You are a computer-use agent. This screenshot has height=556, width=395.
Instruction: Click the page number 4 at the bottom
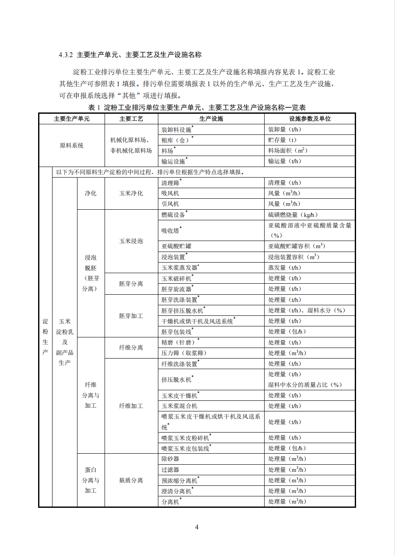coord(197,527)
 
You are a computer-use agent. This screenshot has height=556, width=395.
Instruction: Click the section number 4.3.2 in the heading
coord(66,55)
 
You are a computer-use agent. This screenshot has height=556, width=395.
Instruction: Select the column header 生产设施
coord(211,119)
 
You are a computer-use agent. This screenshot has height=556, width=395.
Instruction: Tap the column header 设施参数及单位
coord(309,119)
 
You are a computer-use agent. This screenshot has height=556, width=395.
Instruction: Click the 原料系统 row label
coord(72,145)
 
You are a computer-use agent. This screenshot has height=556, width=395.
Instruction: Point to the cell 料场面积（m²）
coord(287,151)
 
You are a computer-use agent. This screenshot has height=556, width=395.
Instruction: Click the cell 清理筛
coord(170,183)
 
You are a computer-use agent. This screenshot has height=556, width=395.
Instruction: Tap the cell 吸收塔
coord(170,231)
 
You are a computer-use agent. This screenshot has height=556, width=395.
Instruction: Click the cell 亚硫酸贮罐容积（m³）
coord(296,246)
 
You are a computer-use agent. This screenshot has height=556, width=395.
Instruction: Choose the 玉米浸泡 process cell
coord(131,241)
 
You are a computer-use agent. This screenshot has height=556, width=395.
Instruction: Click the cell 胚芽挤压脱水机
coord(182,311)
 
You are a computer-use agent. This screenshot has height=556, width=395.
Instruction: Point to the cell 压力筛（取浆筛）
coord(184,353)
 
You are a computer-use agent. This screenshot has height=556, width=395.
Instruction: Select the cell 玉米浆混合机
coord(179,406)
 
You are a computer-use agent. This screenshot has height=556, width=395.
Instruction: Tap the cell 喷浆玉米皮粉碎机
coord(185,438)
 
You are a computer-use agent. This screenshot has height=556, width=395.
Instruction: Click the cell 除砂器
coord(170,459)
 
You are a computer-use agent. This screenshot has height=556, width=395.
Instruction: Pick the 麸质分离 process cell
coord(131,480)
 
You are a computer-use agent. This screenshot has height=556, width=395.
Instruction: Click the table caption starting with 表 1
coord(197,107)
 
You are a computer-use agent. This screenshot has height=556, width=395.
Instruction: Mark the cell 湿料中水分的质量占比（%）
coord(305,385)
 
